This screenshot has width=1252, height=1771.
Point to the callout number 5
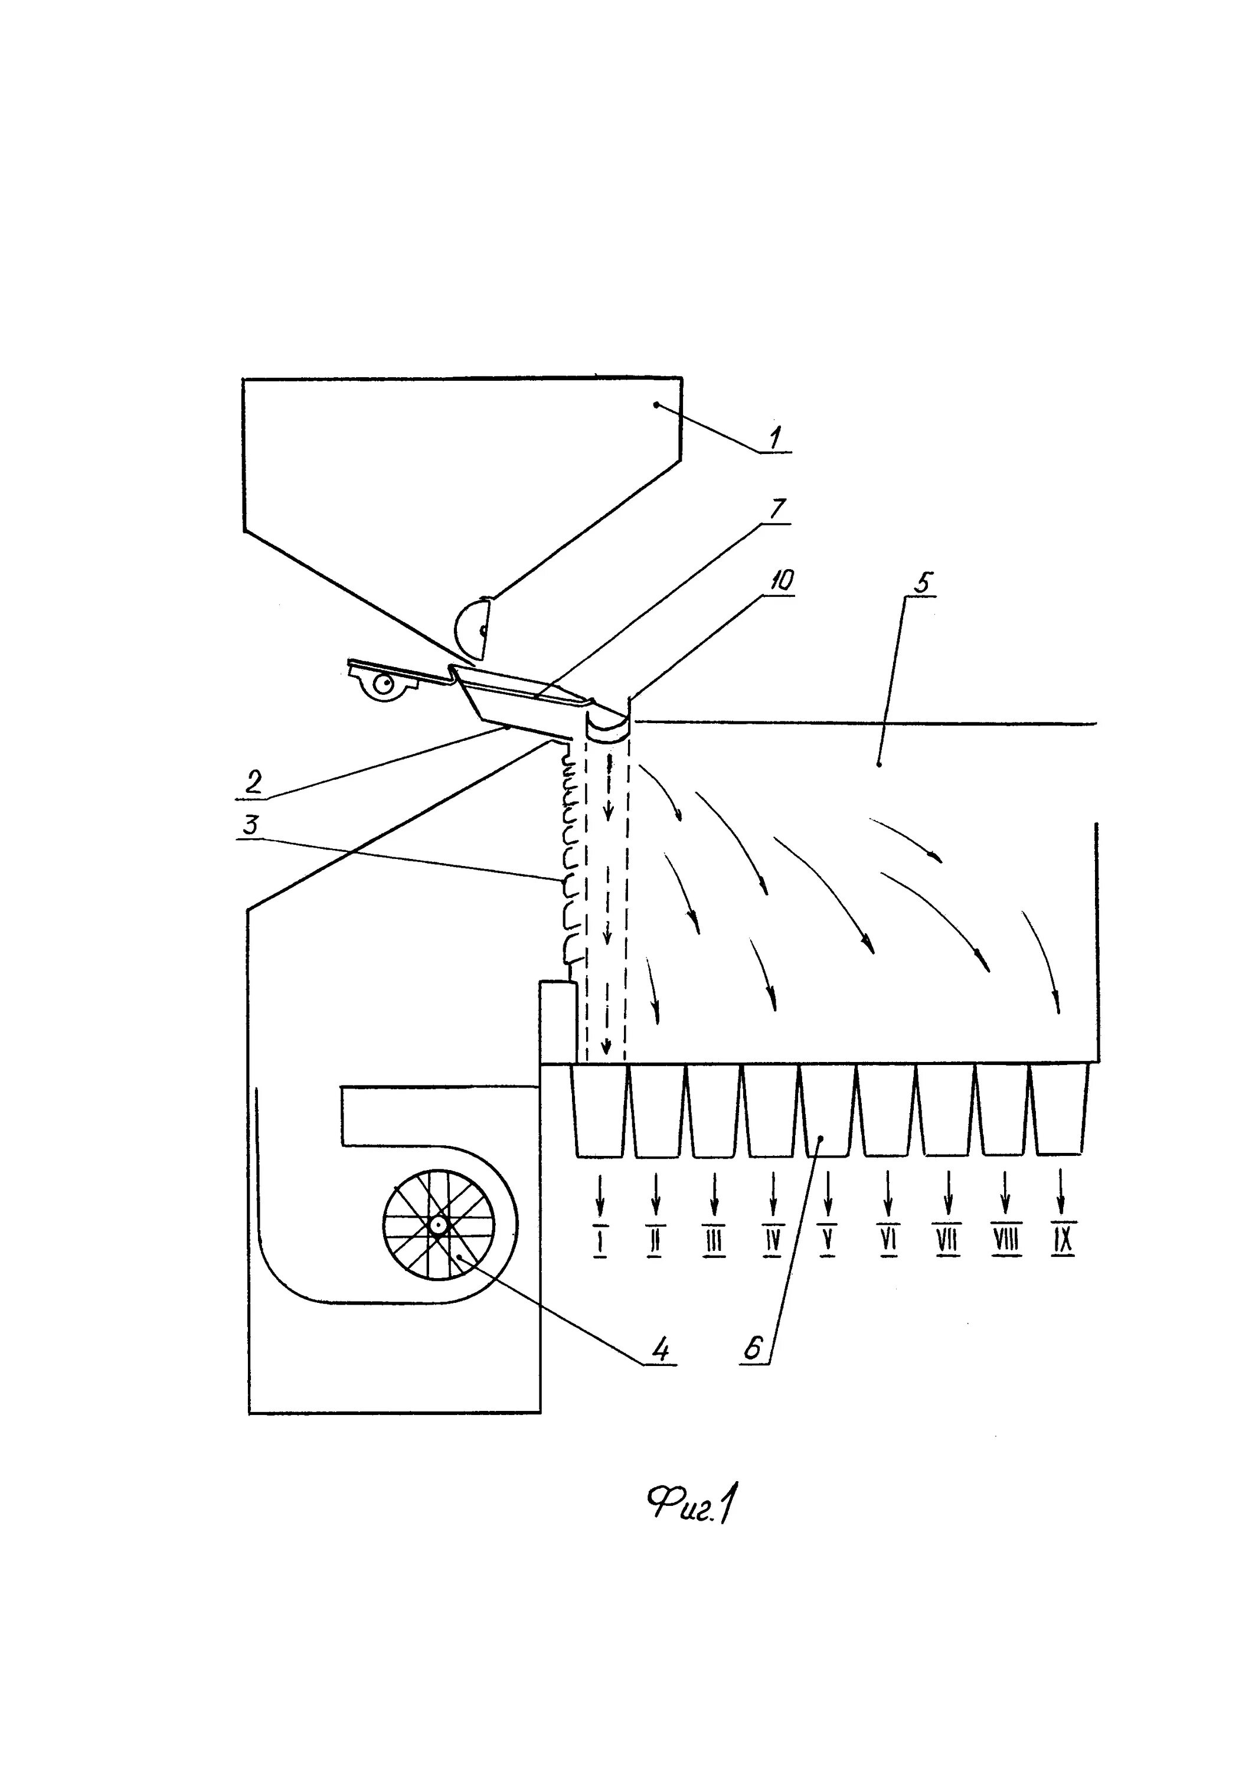[x=923, y=583]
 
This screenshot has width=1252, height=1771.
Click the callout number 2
[x=253, y=782]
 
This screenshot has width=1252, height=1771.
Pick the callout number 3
[x=249, y=825]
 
